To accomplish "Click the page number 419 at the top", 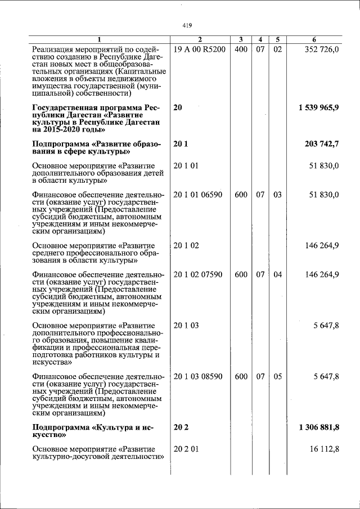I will tap(187, 25).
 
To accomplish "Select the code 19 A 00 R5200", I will tap(200, 49).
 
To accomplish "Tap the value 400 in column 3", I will tap(241, 49).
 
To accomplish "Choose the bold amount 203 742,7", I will tap(321, 145).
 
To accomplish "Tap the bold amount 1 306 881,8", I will tap(318, 428).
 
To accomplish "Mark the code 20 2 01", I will tap(186, 450).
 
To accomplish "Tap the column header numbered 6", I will tap(314, 39).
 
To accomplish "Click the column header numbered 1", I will tap(100, 39).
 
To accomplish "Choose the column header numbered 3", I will tap(241, 39).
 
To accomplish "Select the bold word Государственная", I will tap(65, 107).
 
